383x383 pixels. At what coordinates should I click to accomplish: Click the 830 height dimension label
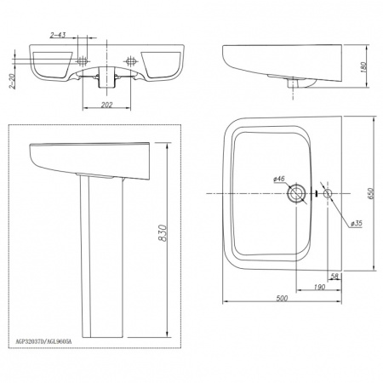pos(163,233)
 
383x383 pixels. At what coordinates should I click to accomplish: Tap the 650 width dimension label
pos(371,193)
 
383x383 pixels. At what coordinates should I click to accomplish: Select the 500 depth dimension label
pos(282,298)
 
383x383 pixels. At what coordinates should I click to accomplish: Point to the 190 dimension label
pos(319,287)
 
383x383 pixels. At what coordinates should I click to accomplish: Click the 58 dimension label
pos(334,276)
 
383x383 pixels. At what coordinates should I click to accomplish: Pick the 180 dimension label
pos(364,66)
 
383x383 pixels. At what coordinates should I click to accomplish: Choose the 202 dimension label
pos(107,105)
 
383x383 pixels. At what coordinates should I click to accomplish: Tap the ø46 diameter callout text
pos(278,179)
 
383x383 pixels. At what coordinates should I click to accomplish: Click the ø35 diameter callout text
pos(357,224)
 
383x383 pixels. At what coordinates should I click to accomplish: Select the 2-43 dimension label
pos(58,35)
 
